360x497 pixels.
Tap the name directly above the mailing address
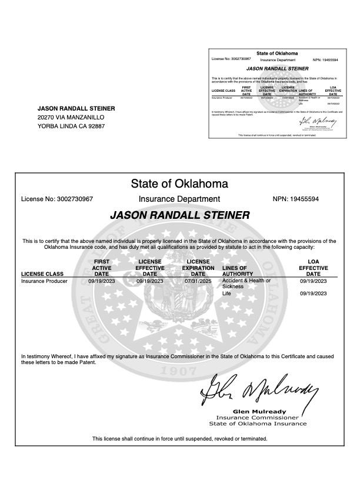pyautogui.click(x=76, y=108)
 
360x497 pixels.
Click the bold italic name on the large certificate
pyautogui.click(x=179, y=215)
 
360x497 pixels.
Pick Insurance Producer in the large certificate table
pyautogui.click(x=44, y=281)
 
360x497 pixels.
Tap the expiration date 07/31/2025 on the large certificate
pyautogui.click(x=198, y=281)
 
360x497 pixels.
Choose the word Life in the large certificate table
pyautogui.click(x=227, y=293)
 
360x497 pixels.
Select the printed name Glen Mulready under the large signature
pyautogui.click(x=259, y=411)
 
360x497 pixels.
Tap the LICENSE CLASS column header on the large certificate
pyautogui.click(x=42, y=273)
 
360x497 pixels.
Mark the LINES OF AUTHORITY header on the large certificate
pyautogui.click(x=238, y=271)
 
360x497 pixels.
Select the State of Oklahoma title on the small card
pyautogui.click(x=277, y=54)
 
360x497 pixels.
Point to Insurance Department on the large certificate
pyautogui.click(x=179, y=199)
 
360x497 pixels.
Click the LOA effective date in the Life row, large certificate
pyautogui.click(x=313, y=293)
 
